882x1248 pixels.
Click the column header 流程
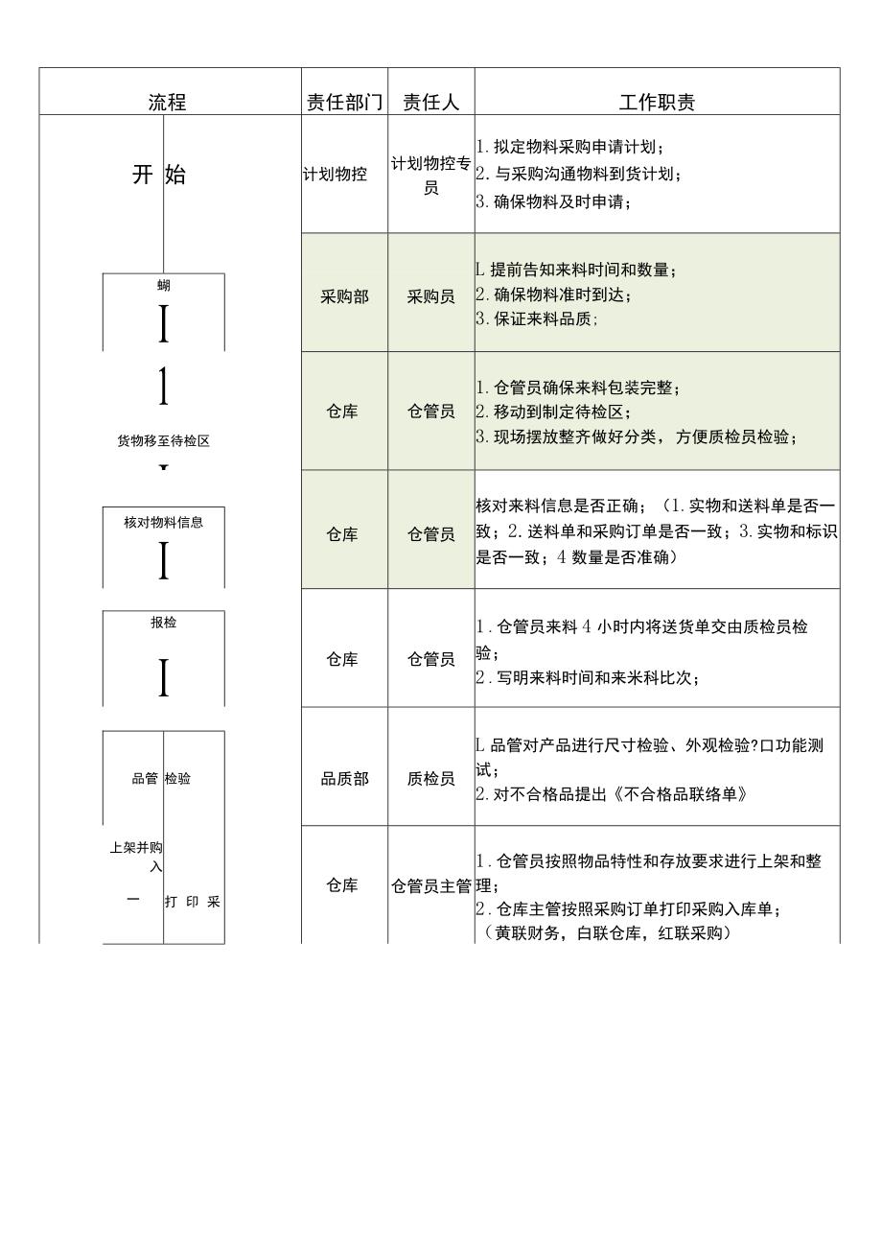tap(167, 103)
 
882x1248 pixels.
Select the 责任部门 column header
tap(344, 103)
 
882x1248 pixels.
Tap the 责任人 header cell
tap(430, 103)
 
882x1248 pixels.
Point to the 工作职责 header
tap(657, 103)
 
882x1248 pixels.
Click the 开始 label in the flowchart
tap(159, 175)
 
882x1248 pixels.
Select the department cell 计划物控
tap(335, 175)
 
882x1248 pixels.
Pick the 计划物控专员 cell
tap(430, 175)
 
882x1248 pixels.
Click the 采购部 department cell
tap(344, 296)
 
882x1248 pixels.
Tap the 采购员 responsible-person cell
tap(430, 296)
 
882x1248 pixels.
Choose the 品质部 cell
tap(344, 779)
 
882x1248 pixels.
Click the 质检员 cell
tap(430, 779)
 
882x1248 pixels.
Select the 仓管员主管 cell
tap(430, 885)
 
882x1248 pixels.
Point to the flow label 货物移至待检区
tap(163, 441)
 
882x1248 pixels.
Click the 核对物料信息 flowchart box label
tap(163, 523)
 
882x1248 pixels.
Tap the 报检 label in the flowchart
tap(163, 623)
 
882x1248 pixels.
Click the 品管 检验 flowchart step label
tap(161, 779)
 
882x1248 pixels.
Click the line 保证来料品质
tap(538, 319)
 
